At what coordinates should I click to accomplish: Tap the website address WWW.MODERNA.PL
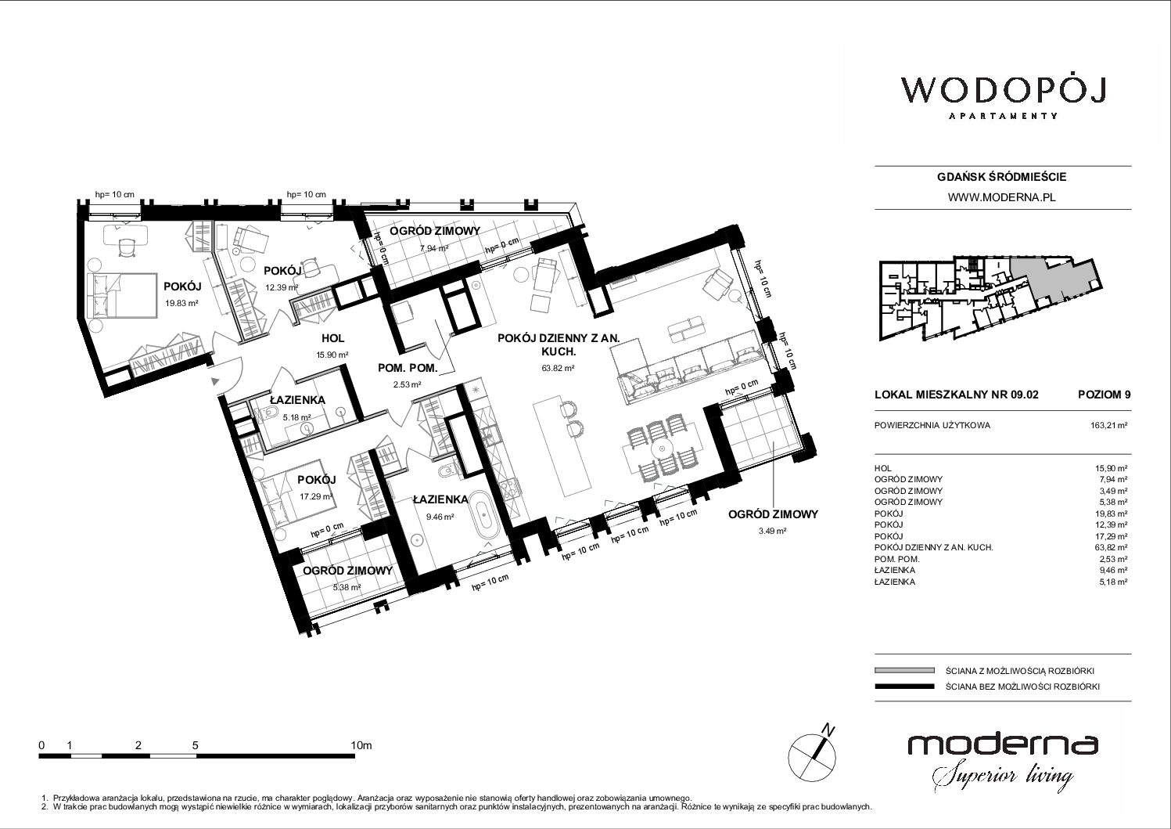click(x=1001, y=197)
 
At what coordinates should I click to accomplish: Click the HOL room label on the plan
click(x=333, y=338)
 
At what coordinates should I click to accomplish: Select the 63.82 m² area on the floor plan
click(x=558, y=368)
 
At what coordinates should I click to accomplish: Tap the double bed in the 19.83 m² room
click(x=122, y=295)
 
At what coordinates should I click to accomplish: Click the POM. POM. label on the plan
click(x=408, y=368)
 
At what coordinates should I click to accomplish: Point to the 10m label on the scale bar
click(x=361, y=745)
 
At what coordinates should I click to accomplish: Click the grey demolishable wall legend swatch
click(x=904, y=670)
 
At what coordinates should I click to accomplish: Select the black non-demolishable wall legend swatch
click(x=904, y=687)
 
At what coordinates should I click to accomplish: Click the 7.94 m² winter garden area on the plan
click(x=434, y=248)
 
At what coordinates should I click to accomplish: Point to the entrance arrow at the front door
click(x=215, y=381)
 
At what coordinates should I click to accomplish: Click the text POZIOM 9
click(x=1104, y=395)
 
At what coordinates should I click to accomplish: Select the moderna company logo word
click(x=1003, y=744)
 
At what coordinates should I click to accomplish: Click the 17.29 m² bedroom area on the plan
click(x=316, y=496)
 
